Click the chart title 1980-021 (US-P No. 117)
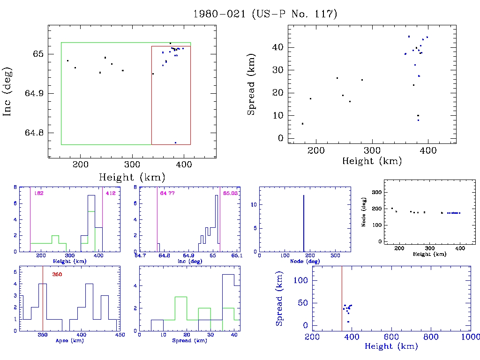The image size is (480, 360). point(265,14)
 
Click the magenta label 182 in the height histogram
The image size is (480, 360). point(39,193)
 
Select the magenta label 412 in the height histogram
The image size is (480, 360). point(111,193)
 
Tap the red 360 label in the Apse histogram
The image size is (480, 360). point(57,274)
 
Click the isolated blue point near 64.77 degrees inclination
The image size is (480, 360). point(175,142)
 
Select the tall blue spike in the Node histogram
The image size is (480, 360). point(304,223)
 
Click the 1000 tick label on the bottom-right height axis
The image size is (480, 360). point(470,337)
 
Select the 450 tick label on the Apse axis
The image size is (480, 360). point(120,335)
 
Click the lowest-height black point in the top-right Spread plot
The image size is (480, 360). point(302,124)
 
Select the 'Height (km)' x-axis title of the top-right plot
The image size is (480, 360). point(372,161)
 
